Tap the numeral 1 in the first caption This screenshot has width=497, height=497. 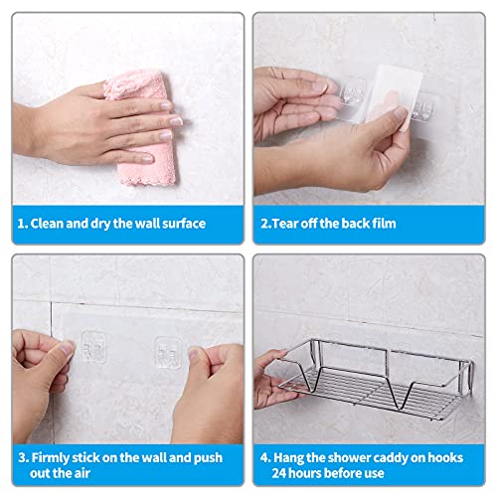[21, 224]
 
